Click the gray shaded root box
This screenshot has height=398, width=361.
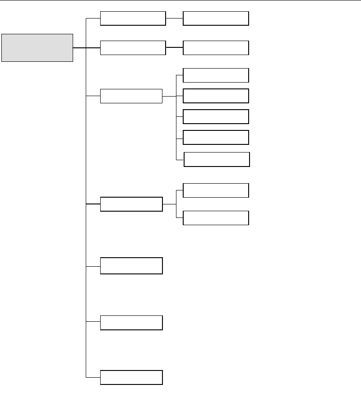click(37, 47)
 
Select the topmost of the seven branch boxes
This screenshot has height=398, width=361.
click(133, 19)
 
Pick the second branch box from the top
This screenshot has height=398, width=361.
click(133, 48)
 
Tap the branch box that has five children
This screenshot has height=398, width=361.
click(131, 96)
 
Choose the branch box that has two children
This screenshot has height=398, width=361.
click(131, 204)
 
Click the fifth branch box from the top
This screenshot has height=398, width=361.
click(131, 266)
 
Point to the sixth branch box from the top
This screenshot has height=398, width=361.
click(131, 323)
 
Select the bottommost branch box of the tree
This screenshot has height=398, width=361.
click(131, 377)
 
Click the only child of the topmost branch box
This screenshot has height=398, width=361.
click(216, 19)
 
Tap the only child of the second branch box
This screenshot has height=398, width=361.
click(216, 48)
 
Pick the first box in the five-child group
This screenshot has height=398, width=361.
click(216, 75)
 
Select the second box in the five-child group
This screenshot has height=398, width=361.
click(216, 96)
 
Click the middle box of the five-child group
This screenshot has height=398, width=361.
click(216, 116)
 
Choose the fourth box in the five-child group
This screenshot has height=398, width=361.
click(216, 137)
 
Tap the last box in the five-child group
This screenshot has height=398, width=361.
click(217, 159)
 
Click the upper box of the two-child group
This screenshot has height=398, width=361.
click(216, 190)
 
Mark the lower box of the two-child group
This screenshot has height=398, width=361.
click(216, 218)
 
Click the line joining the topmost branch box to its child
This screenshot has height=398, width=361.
click(174, 19)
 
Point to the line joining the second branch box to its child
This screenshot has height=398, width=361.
click(174, 47)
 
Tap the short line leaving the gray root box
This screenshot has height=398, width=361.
click(79, 48)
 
